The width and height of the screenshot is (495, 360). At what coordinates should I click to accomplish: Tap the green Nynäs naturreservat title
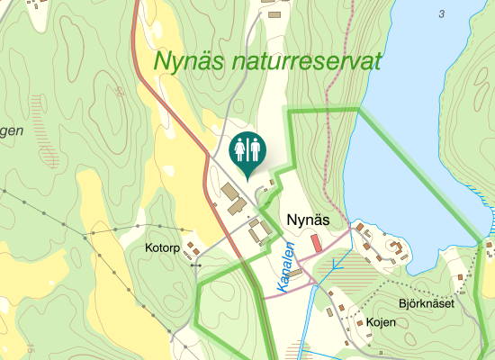(268, 61)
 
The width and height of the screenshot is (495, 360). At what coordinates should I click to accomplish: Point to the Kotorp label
(164, 247)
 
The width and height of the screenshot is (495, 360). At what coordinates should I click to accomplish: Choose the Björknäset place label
(427, 303)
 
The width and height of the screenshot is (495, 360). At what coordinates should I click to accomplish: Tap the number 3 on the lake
(442, 13)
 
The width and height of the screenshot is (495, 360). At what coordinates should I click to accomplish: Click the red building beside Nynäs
(316, 243)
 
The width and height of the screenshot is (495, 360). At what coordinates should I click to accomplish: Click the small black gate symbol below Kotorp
(197, 266)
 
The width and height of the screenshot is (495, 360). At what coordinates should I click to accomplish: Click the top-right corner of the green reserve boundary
(359, 109)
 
